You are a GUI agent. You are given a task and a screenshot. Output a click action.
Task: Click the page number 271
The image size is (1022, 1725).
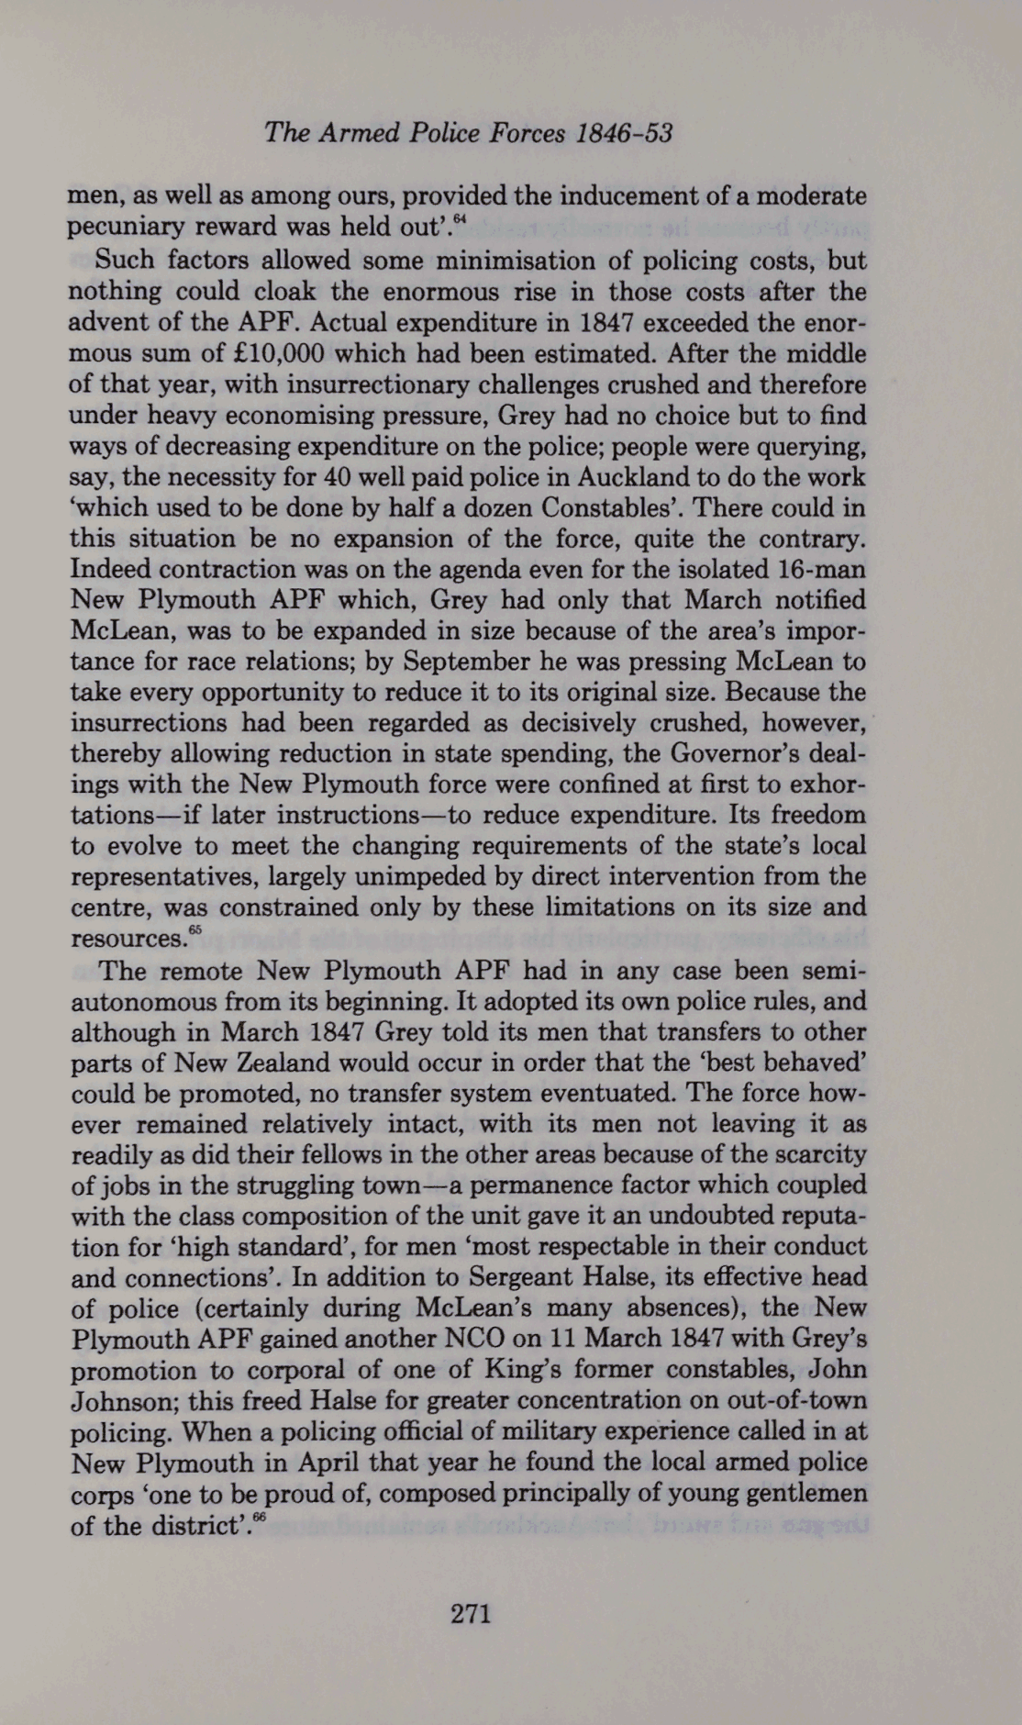(472, 1612)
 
